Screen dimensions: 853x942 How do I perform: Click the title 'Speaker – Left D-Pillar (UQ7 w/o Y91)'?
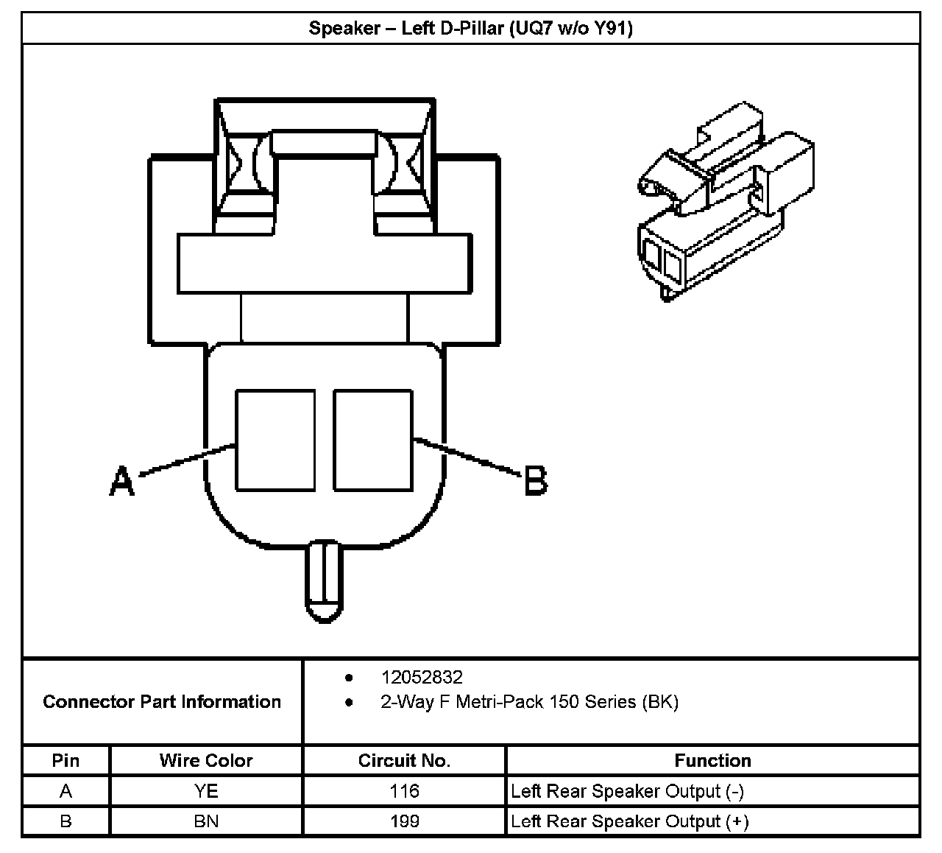pyautogui.click(x=470, y=29)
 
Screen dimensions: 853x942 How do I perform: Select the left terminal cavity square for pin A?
pyautogui.click(x=275, y=440)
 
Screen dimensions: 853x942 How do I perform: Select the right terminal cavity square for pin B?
pyautogui.click(x=373, y=440)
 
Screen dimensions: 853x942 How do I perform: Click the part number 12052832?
pyautogui.click(x=422, y=677)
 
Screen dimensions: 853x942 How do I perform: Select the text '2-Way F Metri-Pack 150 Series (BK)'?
pyautogui.click(x=529, y=702)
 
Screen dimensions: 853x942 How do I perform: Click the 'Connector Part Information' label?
pyautogui.click(x=162, y=701)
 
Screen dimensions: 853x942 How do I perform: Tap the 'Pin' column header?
pyautogui.click(x=65, y=760)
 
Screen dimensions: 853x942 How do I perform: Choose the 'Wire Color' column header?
pyautogui.click(x=206, y=760)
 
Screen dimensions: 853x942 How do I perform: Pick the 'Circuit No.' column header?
pyautogui.click(x=404, y=760)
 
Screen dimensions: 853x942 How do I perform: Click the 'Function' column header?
pyautogui.click(x=712, y=760)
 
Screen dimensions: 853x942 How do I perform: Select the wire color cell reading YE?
pyautogui.click(x=206, y=791)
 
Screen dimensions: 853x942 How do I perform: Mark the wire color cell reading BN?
pyautogui.click(x=206, y=821)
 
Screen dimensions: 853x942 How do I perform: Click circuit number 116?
pyautogui.click(x=404, y=791)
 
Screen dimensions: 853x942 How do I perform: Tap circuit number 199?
pyautogui.click(x=404, y=821)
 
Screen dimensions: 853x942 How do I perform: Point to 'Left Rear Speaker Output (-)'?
pyautogui.click(x=628, y=791)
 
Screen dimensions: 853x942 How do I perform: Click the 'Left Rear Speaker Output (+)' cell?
pyautogui.click(x=630, y=821)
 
